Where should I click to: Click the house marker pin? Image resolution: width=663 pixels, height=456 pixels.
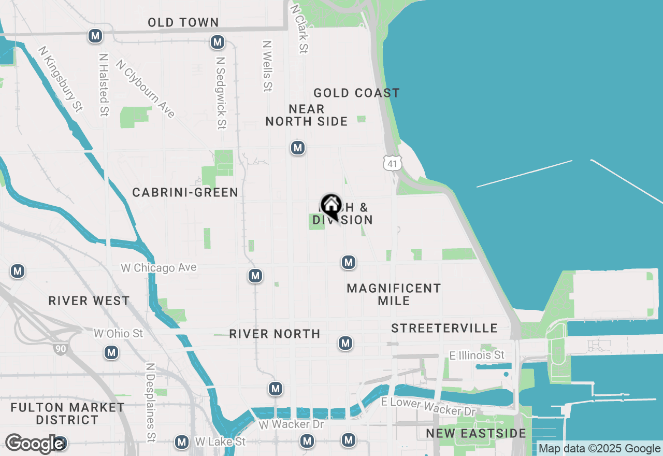[x=331, y=206]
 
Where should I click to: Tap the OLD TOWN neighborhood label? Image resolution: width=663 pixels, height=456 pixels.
[x=183, y=22]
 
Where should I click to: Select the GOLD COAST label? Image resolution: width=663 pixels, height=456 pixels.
[x=356, y=93]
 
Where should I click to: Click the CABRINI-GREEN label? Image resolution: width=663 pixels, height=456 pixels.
[x=185, y=193]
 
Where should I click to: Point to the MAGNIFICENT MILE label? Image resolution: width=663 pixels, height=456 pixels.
[x=394, y=294]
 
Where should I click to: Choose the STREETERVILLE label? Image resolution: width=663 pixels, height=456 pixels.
[x=444, y=328]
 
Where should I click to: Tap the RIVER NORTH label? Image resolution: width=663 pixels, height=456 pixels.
[x=275, y=334]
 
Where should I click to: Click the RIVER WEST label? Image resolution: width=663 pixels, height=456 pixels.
[x=89, y=301]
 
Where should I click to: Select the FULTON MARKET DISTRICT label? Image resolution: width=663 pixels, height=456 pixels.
[x=67, y=414]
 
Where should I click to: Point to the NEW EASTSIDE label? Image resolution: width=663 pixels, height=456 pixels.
[x=476, y=433]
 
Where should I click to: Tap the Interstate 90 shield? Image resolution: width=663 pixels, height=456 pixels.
[x=61, y=348]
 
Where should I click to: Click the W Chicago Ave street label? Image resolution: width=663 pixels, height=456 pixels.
[x=158, y=268]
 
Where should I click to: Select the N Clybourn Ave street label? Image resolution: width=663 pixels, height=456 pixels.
[x=145, y=89]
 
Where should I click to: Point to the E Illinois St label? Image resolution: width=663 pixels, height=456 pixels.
[x=477, y=355]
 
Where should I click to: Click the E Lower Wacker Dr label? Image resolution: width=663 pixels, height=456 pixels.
[x=428, y=406]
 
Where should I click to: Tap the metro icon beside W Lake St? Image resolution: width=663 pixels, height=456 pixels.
[x=182, y=442]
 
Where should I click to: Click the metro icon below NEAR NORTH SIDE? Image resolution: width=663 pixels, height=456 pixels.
[x=297, y=148]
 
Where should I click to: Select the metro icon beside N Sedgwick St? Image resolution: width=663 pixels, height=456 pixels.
[x=218, y=42]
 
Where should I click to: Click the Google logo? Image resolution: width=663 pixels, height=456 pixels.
[x=34, y=444]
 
